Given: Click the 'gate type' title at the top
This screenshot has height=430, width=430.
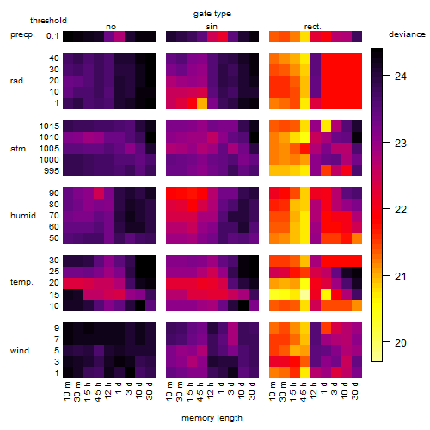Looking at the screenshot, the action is coord(212,14).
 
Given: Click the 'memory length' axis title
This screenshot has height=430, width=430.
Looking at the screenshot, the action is coord(212,418).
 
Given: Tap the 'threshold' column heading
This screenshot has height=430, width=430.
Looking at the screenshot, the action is coord(48,21).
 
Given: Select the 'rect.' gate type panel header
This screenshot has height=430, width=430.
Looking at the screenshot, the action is coord(312,27).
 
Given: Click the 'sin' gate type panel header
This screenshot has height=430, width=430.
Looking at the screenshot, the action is coord(212,27).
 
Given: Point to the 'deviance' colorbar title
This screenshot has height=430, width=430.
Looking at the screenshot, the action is coord(407,34).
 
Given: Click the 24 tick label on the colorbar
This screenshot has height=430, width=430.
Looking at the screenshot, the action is coord(401,77).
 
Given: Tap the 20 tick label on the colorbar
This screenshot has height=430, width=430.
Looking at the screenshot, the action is coord(401,343).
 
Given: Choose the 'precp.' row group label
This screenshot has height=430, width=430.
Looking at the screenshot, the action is coord(22,35).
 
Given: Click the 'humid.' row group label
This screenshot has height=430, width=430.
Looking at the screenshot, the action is coord(24,216).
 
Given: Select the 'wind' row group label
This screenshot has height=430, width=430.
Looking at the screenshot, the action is coord(20,351).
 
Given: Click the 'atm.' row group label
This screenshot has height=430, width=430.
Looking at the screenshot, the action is coord(19,149).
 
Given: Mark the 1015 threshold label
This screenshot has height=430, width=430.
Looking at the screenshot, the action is coord(49,126).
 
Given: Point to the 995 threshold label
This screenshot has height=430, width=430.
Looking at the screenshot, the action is coord(52,171).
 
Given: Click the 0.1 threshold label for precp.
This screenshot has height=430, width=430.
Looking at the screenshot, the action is coord(52,36).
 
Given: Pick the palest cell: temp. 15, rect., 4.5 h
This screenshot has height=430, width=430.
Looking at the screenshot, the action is coord(305,294).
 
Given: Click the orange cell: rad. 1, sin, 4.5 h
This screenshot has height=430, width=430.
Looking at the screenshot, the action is coord(202,103).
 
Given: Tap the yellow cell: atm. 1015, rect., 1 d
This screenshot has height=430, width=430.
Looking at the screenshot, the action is coord(326,126).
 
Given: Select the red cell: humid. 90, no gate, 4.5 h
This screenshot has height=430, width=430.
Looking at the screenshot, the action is coord(99,193).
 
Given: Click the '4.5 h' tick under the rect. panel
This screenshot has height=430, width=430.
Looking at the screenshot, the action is coord(304,391).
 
